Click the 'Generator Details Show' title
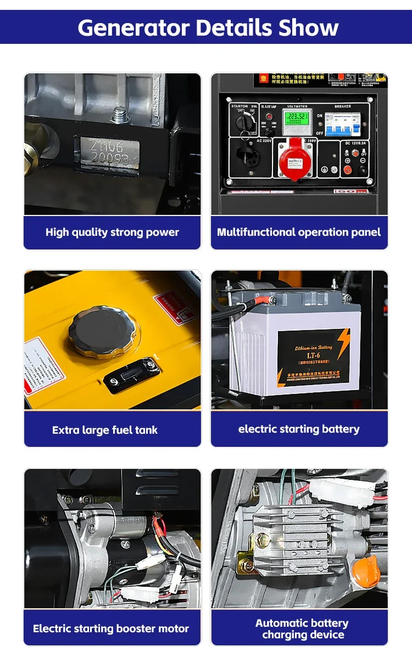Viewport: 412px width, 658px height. pyautogui.click(x=208, y=27)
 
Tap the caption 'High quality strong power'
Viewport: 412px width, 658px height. pyautogui.click(x=112, y=232)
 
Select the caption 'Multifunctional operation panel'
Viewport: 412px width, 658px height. pyautogui.click(x=299, y=232)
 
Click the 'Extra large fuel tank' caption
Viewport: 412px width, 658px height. pyautogui.click(x=105, y=430)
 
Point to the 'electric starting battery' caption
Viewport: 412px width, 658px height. pyautogui.click(x=299, y=429)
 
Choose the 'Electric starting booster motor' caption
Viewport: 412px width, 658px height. pyautogui.click(x=111, y=628)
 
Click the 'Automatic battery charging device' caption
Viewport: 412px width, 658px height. pyautogui.click(x=302, y=629)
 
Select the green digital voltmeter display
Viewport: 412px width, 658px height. pyautogui.click(x=295, y=118)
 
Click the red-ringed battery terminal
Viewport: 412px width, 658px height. pyautogui.click(x=272, y=300)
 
